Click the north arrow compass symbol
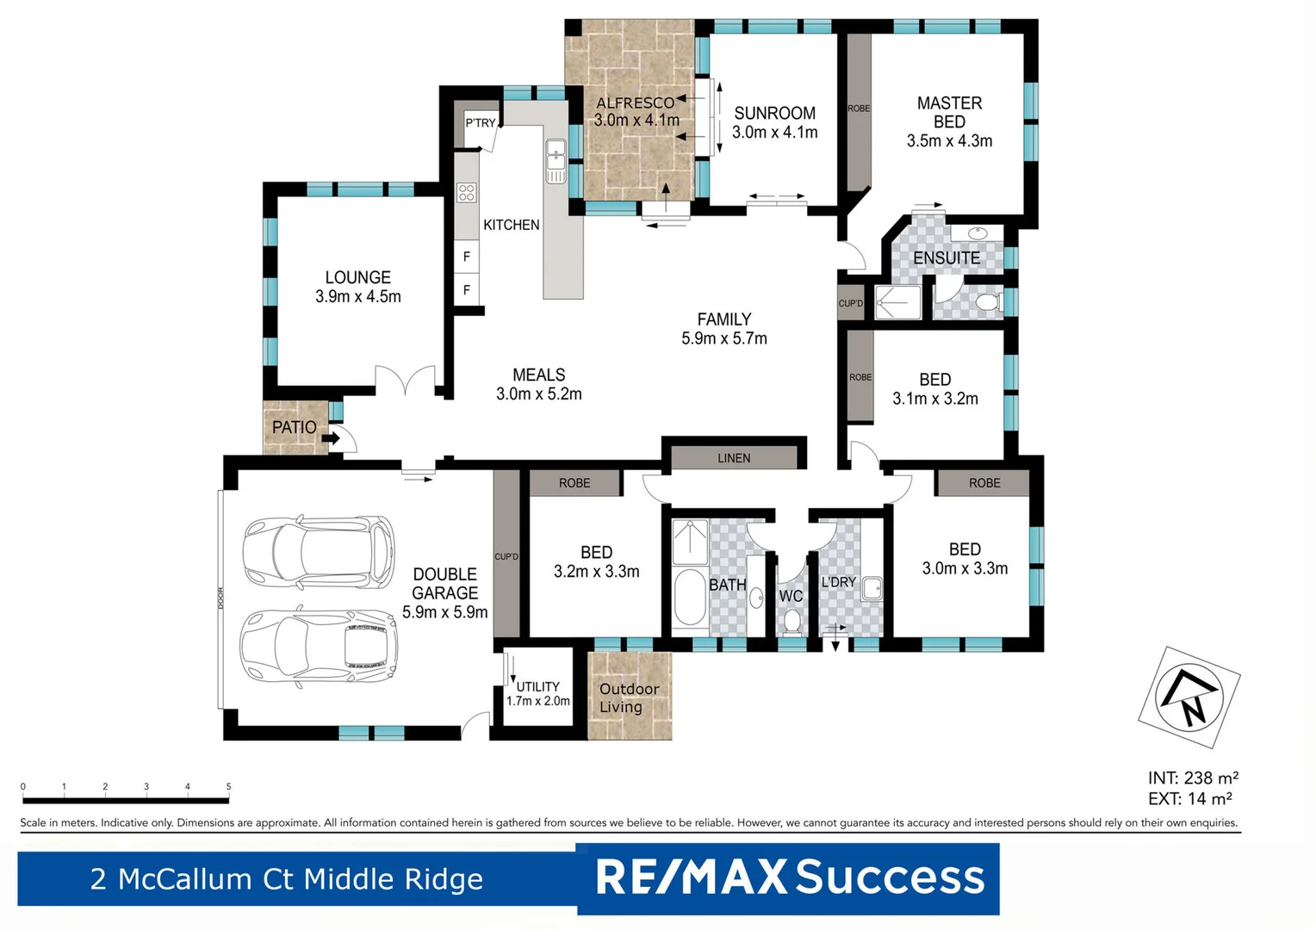[1189, 697]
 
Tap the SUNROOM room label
[774, 113]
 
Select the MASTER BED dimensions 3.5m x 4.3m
[949, 141]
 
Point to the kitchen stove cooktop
[466, 192]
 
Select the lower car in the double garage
[318, 646]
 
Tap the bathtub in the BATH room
[689, 597]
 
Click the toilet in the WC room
[791, 620]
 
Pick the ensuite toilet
[985, 302]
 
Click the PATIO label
[294, 427]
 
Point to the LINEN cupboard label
[734, 458]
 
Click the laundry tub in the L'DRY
[872, 588]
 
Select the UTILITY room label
[538, 686]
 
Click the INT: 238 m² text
[1193, 778]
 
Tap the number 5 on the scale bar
[228, 786]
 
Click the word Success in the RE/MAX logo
[890, 877]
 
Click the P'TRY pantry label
[481, 123]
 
